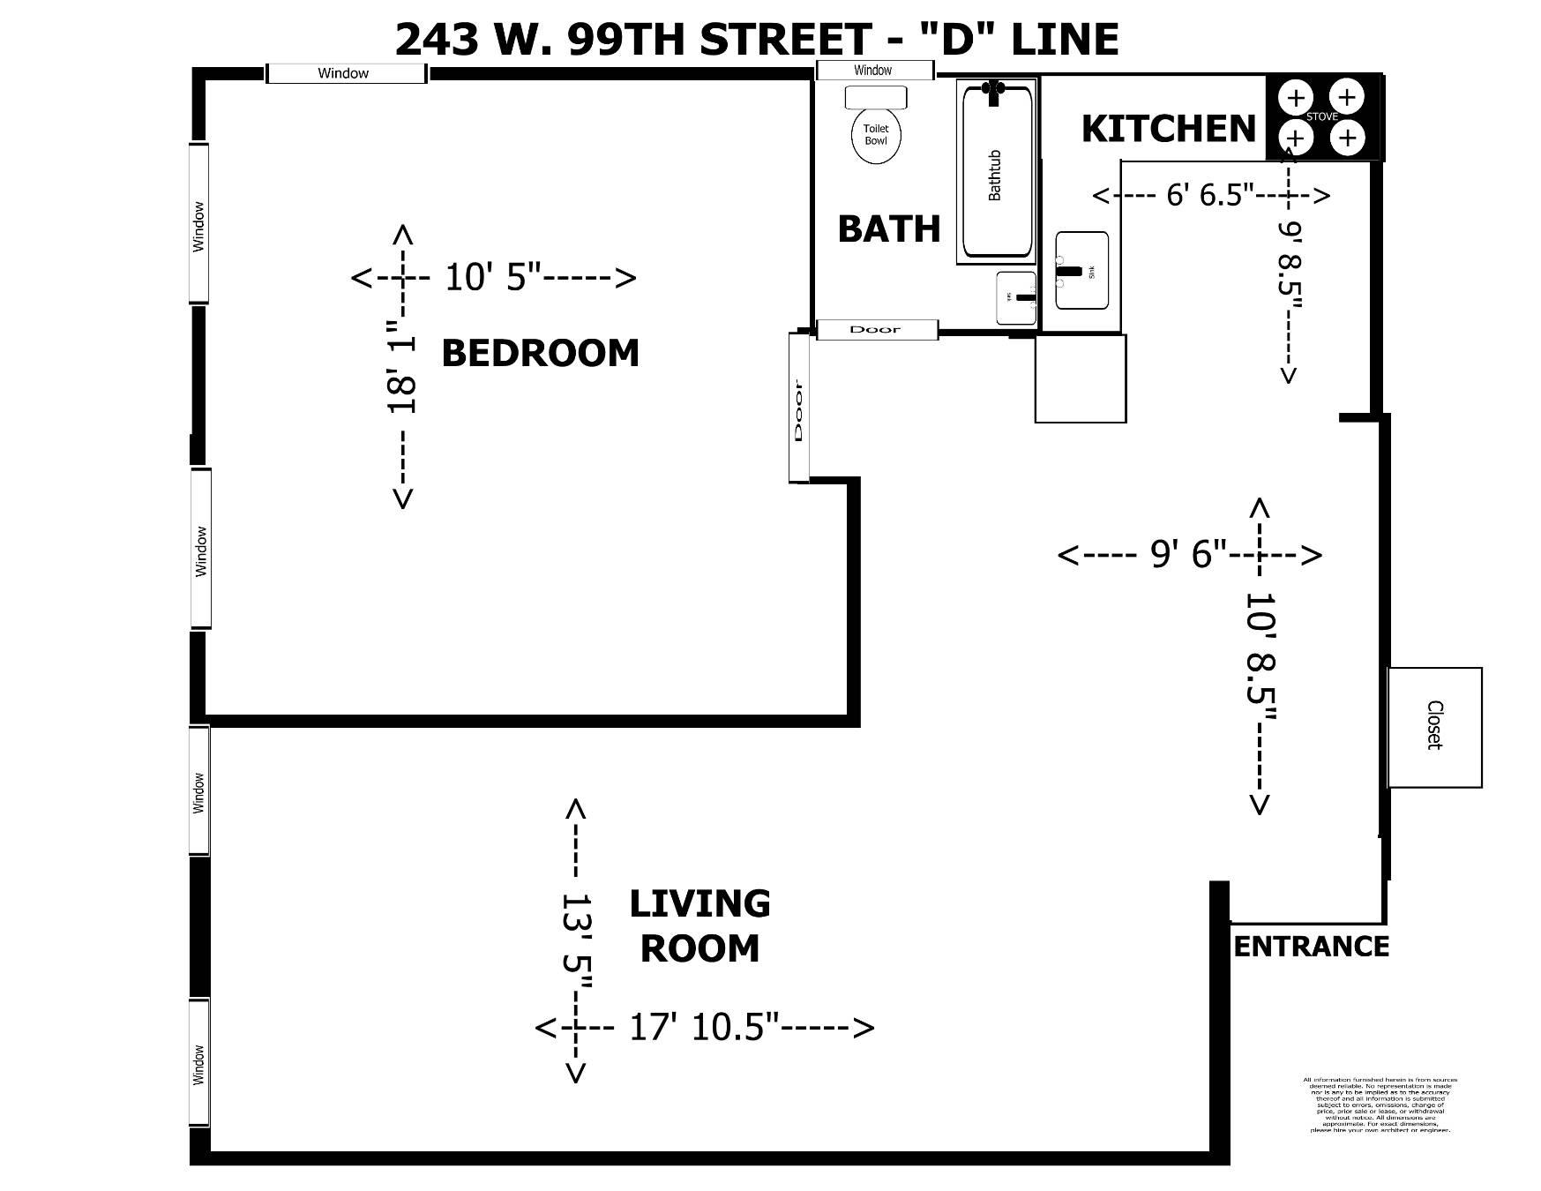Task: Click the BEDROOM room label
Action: (540, 353)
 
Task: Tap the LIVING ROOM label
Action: (699, 925)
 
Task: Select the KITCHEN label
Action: (1168, 129)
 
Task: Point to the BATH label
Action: (888, 229)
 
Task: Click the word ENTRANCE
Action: (1311, 947)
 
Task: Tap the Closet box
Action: (1434, 727)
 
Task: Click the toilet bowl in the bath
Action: (876, 136)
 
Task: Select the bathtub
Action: (996, 172)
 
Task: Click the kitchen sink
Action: (1081, 271)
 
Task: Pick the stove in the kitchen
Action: (1321, 117)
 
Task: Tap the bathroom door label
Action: (876, 330)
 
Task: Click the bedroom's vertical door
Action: (799, 408)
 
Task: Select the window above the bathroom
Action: (873, 71)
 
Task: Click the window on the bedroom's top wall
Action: (344, 73)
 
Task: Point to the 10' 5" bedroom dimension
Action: (493, 277)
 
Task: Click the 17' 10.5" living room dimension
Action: (704, 1028)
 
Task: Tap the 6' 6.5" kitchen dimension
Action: (1210, 195)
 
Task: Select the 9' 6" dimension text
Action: (1188, 554)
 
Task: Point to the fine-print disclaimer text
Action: (1380, 1105)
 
